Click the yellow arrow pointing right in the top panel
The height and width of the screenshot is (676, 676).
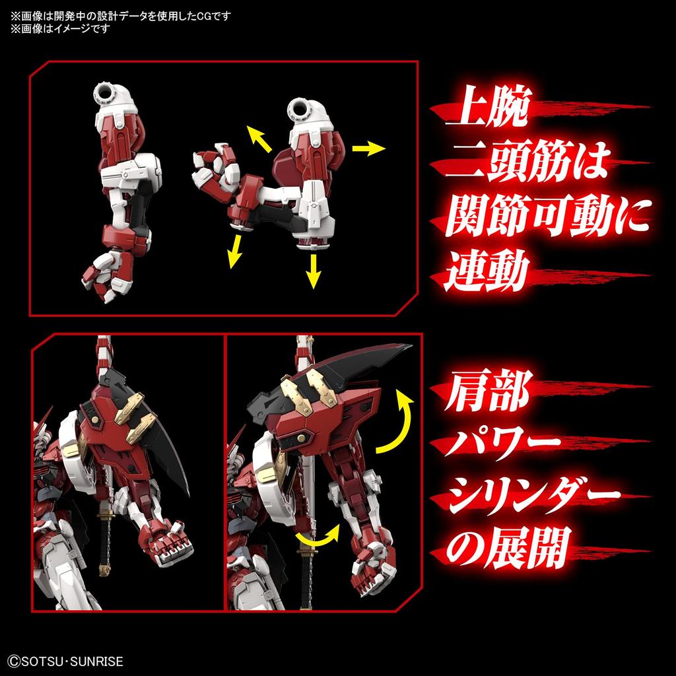[x=369, y=149]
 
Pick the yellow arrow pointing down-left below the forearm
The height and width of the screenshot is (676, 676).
[x=232, y=252]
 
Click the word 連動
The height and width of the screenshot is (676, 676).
[x=487, y=273]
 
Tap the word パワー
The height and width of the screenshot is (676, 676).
[x=504, y=447]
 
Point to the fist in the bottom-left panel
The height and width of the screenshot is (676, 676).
[x=169, y=541]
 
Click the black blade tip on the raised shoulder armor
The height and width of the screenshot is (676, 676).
[x=396, y=349]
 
